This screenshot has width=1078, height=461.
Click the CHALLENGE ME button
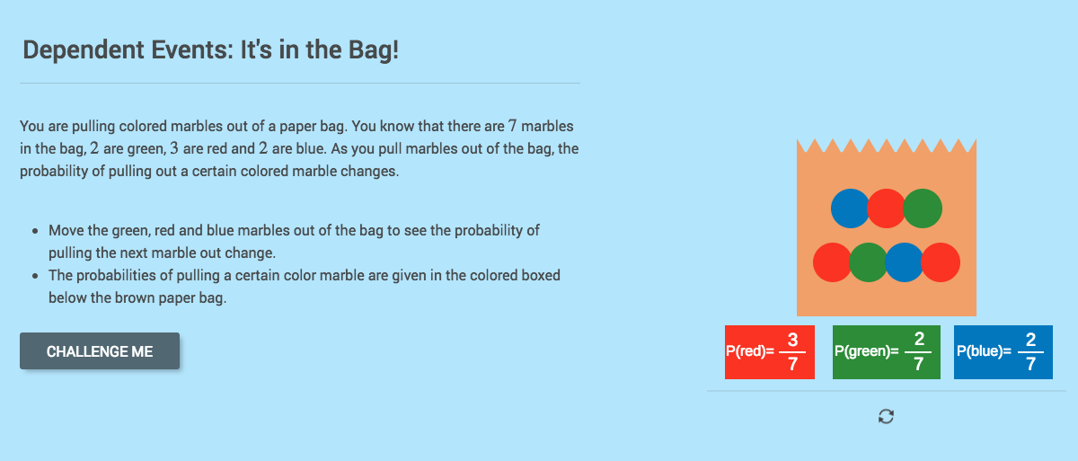100,351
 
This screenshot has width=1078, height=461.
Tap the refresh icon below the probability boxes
886,416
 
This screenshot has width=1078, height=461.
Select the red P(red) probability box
769,352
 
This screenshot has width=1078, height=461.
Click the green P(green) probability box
886,352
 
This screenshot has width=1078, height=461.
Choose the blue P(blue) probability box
1002,352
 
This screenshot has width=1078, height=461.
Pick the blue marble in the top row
849,208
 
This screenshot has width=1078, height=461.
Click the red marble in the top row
886,208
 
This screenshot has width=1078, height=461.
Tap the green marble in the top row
923,208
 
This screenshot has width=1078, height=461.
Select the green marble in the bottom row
868,262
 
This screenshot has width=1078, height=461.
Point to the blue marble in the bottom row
904,262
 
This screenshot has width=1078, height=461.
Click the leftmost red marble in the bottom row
831,262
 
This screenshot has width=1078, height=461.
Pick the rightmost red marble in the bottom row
941,262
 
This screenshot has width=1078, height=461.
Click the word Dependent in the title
75,49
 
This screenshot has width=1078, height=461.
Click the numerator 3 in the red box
792,340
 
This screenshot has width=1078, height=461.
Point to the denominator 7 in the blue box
1030,364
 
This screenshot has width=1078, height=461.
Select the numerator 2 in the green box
919,340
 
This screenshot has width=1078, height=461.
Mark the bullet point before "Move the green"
34,231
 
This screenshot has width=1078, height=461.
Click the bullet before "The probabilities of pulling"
34,276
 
